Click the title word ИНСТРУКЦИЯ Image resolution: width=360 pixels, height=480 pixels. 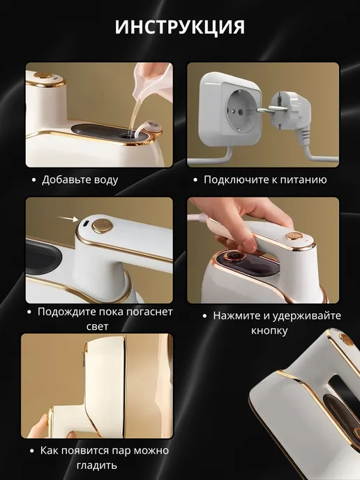pyautogui.click(x=180, y=27)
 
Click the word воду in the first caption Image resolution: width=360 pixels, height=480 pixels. pyautogui.click(x=103, y=180)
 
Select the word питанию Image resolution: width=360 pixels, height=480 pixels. pyautogui.click(x=301, y=180)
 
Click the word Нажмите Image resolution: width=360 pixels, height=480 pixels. pyautogui.click(x=235, y=315)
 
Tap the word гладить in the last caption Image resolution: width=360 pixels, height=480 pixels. pyautogui.click(x=97, y=465)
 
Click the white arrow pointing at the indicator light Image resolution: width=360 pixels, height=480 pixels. pyautogui.click(x=68, y=218)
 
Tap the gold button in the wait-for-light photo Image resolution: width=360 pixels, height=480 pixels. pyautogui.click(x=103, y=225)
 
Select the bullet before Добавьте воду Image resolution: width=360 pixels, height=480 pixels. pyautogui.click(x=34, y=180)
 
